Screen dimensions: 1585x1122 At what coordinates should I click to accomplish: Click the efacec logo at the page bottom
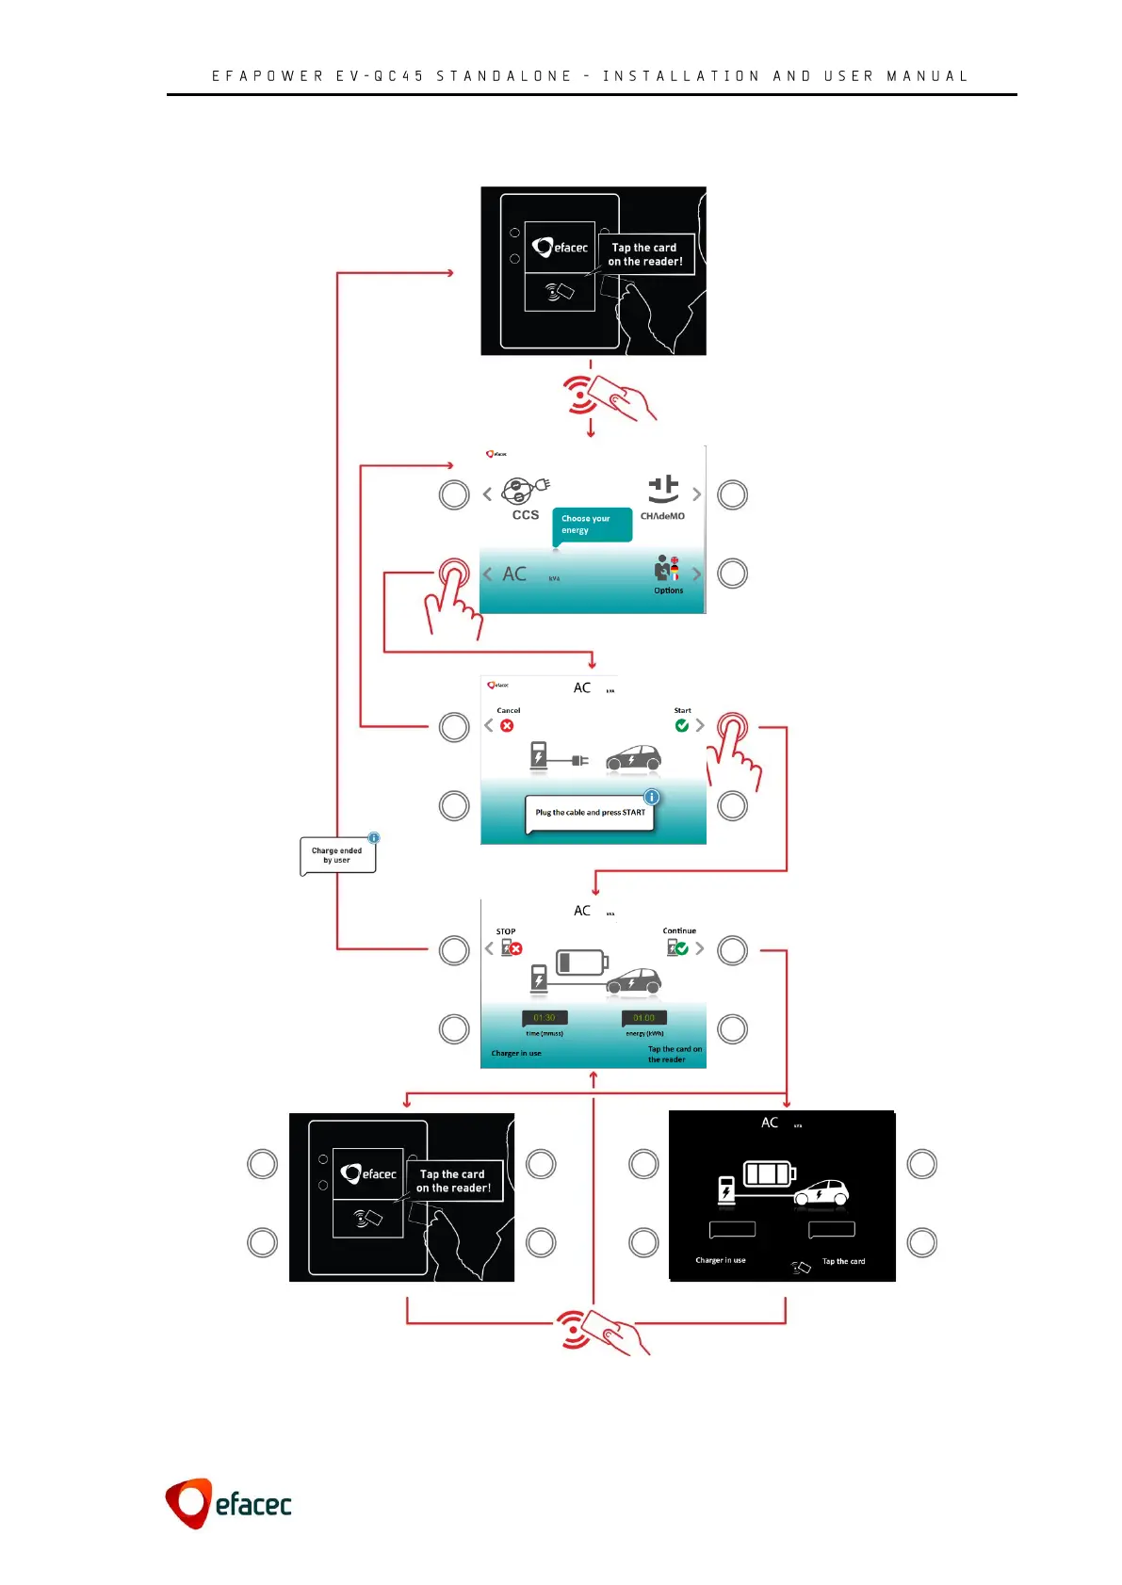coord(229,1503)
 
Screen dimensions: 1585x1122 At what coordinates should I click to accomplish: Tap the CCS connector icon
coord(525,492)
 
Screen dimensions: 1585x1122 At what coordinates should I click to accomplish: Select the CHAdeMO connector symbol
coord(663,489)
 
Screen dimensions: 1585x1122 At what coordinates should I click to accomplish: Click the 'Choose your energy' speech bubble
coord(591,525)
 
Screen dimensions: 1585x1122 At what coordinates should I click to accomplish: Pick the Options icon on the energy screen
coord(668,569)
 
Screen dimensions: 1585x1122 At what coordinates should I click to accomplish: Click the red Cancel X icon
coord(507,726)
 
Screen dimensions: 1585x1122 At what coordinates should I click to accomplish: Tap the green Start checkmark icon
coord(682,725)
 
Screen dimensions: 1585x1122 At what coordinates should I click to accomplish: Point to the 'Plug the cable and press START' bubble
coord(590,813)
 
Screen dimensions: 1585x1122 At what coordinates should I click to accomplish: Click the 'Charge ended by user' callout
coord(337,855)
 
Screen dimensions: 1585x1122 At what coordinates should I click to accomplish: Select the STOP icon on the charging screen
coord(511,947)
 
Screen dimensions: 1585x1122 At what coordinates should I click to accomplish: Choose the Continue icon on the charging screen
coord(677,947)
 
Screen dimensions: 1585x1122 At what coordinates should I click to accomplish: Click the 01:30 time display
coord(545,1018)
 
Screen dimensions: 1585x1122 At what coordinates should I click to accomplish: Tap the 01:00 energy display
coord(644,1018)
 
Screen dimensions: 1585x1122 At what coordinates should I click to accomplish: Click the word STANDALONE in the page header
coord(504,76)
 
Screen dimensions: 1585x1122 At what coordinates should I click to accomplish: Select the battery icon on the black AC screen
coord(770,1173)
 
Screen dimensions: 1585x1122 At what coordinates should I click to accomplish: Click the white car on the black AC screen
coord(821,1193)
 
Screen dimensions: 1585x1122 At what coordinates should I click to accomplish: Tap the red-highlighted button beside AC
coord(453,574)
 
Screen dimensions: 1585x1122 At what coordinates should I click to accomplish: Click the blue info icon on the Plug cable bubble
coord(651,797)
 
